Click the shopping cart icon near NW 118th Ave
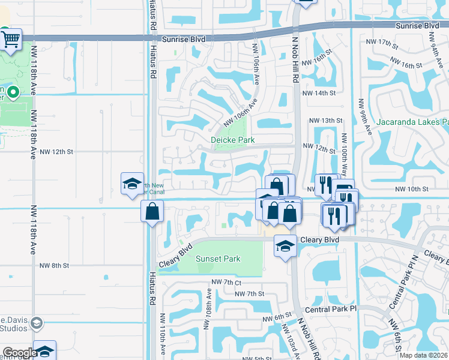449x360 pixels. click(11, 40)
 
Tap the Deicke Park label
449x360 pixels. click(233, 140)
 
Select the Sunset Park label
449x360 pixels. click(218, 259)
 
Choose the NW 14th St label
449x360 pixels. click(318, 94)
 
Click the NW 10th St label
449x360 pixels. click(412, 189)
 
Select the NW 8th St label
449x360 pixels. click(55, 265)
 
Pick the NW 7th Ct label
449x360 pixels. click(226, 282)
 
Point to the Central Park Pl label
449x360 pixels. click(331, 309)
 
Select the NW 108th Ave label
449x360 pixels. click(209, 303)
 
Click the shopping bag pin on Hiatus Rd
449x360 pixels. click(152, 211)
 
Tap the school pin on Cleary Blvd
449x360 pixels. click(285, 245)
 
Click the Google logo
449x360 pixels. click(19, 353)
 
